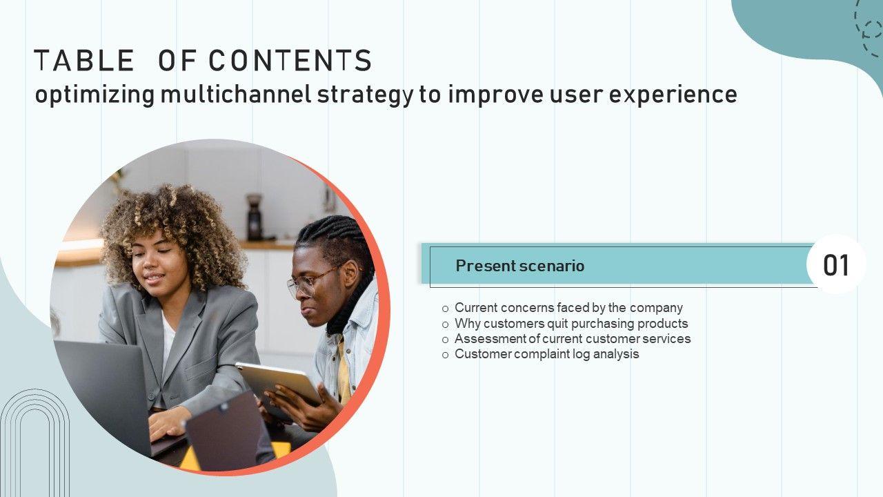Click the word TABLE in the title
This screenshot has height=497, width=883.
coord(84,60)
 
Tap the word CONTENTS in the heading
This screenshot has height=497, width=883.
coord(290,60)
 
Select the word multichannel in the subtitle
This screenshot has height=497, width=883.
coord(236,95)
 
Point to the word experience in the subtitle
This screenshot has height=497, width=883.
coord(673,96)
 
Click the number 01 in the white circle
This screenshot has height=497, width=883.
coord(836,265)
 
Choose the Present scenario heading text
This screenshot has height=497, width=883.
coord(520,266)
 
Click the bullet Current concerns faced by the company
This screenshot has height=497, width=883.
coord(568,308)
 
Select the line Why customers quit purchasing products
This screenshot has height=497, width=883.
coord(571,324)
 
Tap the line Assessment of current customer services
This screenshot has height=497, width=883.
coord(573,339)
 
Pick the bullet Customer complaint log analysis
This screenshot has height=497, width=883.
coord(547,354)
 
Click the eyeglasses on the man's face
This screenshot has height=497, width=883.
coord(311,282)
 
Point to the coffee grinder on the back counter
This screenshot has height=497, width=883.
coord(255,217)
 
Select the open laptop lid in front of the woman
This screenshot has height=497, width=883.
coord(103,394)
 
